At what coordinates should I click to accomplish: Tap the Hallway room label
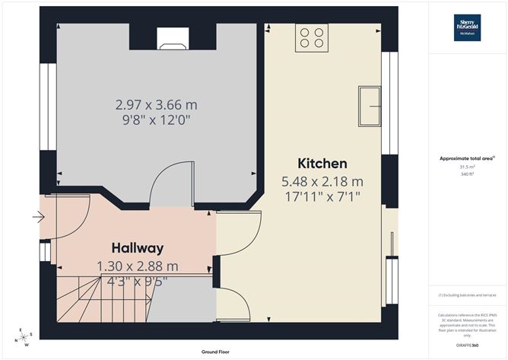[138, 248]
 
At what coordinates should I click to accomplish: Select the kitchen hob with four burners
[312, 37]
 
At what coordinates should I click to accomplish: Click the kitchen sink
[370, 104]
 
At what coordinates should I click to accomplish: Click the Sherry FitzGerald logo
[467, 26]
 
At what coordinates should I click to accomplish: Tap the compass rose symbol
[24, 336]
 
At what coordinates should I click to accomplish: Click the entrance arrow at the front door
[39, 218]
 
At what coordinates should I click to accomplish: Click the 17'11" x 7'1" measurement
[322, 197]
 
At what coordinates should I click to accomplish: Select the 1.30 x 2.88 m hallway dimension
[138, 266]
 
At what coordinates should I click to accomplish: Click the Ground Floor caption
[217, 352]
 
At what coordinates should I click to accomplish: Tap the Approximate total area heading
[466, 158]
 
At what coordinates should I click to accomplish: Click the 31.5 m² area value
[467, 167]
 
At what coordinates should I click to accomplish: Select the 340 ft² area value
[467, 174]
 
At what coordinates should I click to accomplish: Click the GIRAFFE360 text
[466, 345]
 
